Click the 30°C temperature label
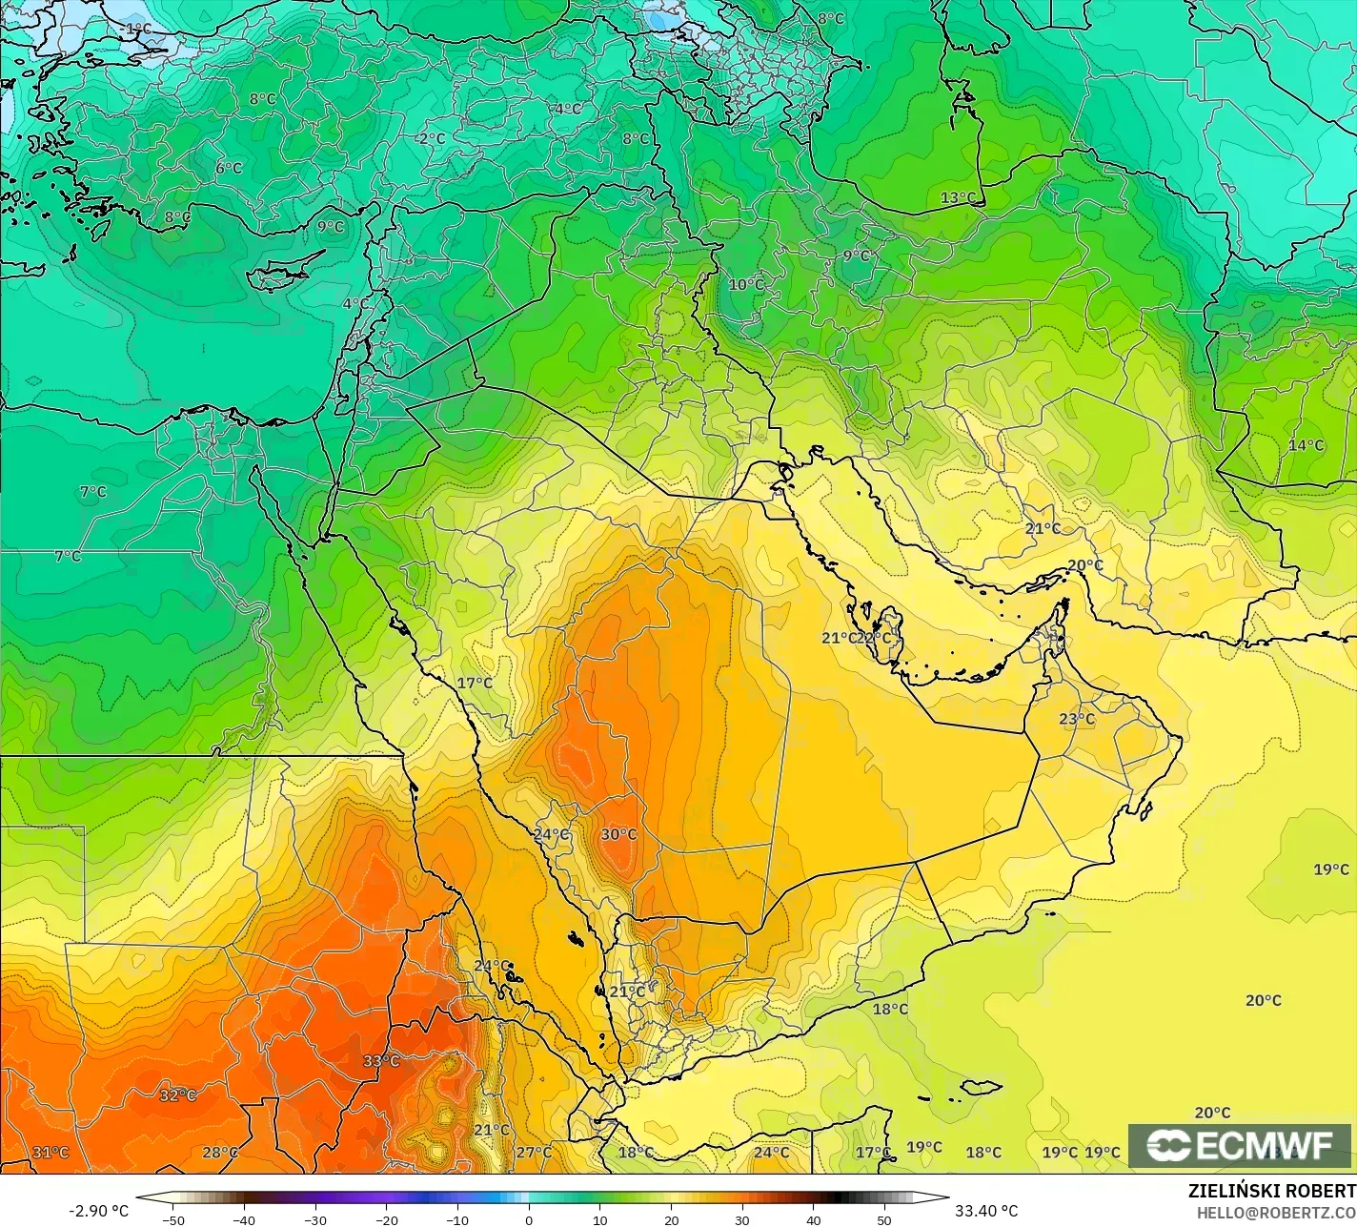pos(618,835)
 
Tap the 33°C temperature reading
pos(381,1061)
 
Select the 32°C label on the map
pos(177,1095)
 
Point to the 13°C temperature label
pos(959,198)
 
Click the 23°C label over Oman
pos(1077,719)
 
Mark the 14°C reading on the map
pos(1306,445)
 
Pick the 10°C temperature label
pos(746,284)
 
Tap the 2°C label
pos(432,138)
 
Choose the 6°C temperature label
pos(229,169)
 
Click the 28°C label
pos(220,1153)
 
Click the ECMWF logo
pos(1240,1146)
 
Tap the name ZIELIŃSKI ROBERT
pos(1271,1192)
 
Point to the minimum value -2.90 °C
pos(98,1211)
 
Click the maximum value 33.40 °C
pos(986,1211)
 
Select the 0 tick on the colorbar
pos(529,1219)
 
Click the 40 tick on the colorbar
pos(813,1219)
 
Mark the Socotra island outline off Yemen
pos(981,1088)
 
